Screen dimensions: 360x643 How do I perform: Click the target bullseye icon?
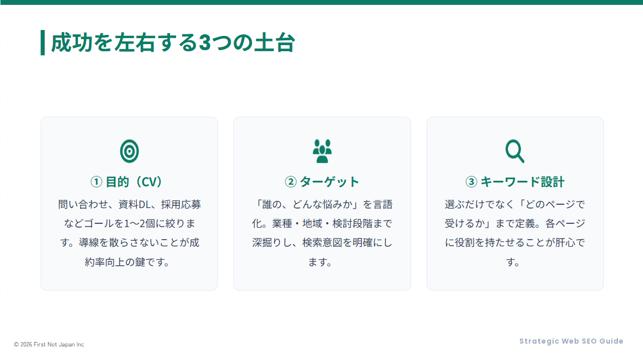point(129,151)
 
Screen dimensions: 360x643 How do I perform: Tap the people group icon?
point(322,151)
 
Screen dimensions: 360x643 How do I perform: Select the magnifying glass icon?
point(514,151)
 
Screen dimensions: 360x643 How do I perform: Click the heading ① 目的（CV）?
point(129,181)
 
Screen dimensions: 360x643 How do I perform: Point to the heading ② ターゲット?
point(322,181)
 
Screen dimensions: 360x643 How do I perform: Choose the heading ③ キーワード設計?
point(515,181)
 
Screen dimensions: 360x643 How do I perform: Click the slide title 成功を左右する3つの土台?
point(173,42)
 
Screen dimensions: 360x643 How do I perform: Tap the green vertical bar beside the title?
point(43,42)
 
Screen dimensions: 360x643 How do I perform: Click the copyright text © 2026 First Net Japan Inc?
point(49,344)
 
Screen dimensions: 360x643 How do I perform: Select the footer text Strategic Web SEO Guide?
point(571,341)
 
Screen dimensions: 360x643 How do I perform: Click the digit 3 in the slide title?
point(204,42)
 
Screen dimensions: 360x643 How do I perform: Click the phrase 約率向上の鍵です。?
point(129,262)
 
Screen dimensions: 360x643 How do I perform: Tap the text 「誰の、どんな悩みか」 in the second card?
point(307,205)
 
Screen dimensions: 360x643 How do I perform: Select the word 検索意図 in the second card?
point(323,243)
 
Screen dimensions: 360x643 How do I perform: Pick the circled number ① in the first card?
point(96,181)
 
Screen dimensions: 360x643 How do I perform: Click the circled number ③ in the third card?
point(471,181)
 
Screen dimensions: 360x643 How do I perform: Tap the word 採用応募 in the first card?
point(180,205)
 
